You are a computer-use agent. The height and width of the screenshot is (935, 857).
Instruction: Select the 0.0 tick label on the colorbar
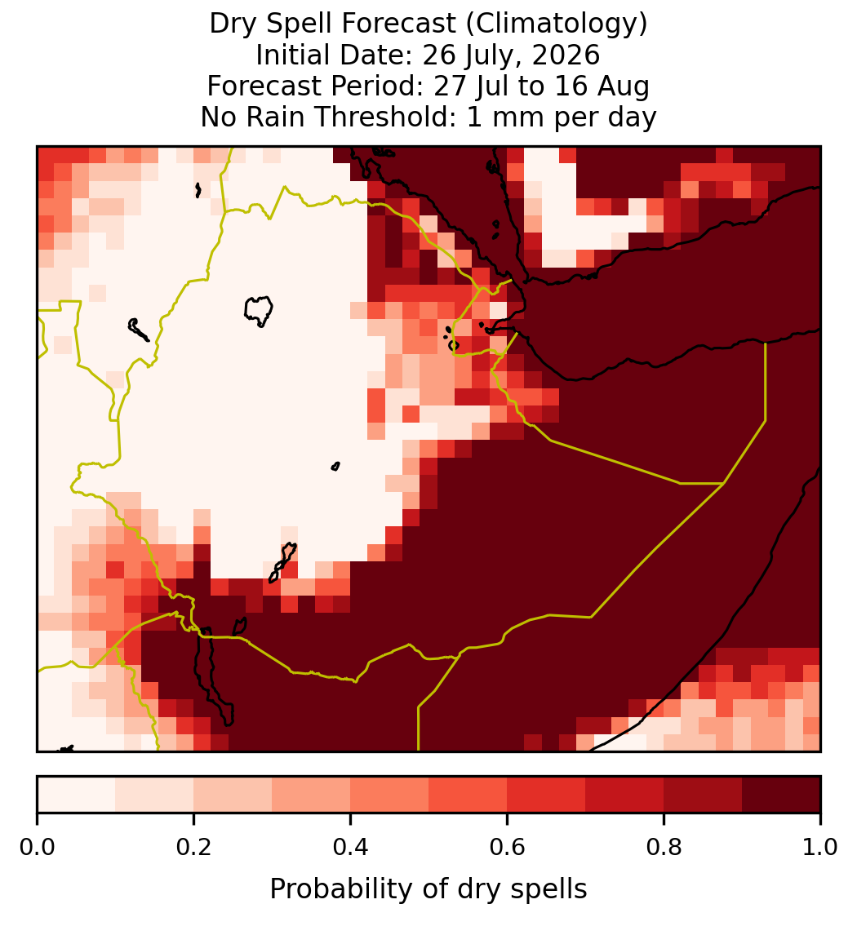(37, 847)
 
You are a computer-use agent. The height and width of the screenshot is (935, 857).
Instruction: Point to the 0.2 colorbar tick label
(193, 847)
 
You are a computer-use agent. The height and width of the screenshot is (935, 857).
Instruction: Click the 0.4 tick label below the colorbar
(351, 847)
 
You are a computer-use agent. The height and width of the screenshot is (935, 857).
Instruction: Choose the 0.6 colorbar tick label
(507, 847)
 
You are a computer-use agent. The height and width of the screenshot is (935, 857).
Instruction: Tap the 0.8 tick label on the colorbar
(664, 847)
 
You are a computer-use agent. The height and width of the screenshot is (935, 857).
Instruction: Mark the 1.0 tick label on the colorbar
(820, 847)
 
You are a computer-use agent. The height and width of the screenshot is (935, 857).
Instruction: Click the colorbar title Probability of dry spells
(428, 889)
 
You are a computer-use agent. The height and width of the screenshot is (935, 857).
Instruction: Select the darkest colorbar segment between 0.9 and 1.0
(781, 795)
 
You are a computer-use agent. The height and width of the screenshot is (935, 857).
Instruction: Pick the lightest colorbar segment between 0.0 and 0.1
(77, 795)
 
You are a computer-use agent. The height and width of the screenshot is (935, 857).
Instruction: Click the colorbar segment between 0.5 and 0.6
(468, 795)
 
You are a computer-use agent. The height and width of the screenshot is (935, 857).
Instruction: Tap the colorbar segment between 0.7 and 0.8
(624, 795)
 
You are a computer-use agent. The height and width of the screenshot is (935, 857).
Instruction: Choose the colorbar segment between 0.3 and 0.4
(311, 795)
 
